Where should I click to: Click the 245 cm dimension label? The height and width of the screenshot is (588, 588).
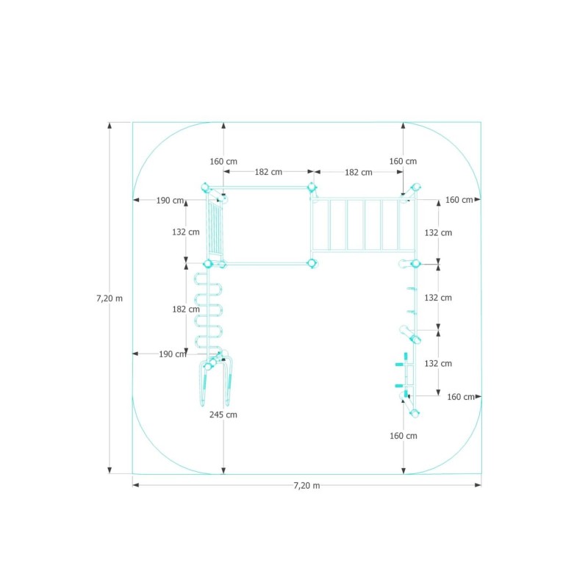coord(223,415)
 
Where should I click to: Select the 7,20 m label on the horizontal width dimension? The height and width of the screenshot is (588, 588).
coord(306,486)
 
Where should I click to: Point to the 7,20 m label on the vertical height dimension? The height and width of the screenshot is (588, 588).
coord(110,298)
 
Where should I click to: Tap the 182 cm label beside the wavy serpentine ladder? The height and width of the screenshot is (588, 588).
coord(186,309)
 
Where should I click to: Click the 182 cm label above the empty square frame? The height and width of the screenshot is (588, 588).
coord(268,172)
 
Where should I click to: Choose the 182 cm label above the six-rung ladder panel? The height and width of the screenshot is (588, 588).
coord(359,173)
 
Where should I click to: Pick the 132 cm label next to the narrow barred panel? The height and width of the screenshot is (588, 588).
coord(186,232)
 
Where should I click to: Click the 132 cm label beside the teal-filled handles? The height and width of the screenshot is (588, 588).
coord(438,363)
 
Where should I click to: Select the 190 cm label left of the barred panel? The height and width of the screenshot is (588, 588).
coord(171,201)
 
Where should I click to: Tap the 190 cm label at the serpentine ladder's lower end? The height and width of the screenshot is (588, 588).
coord(173,354)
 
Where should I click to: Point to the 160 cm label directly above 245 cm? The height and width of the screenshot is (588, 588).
coord(223,162)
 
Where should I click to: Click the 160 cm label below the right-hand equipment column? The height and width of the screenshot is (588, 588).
coord(403,436)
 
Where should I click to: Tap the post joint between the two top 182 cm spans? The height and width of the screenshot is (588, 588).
coord(312,187)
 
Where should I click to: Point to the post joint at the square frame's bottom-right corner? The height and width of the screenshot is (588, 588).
coord(312,263)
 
